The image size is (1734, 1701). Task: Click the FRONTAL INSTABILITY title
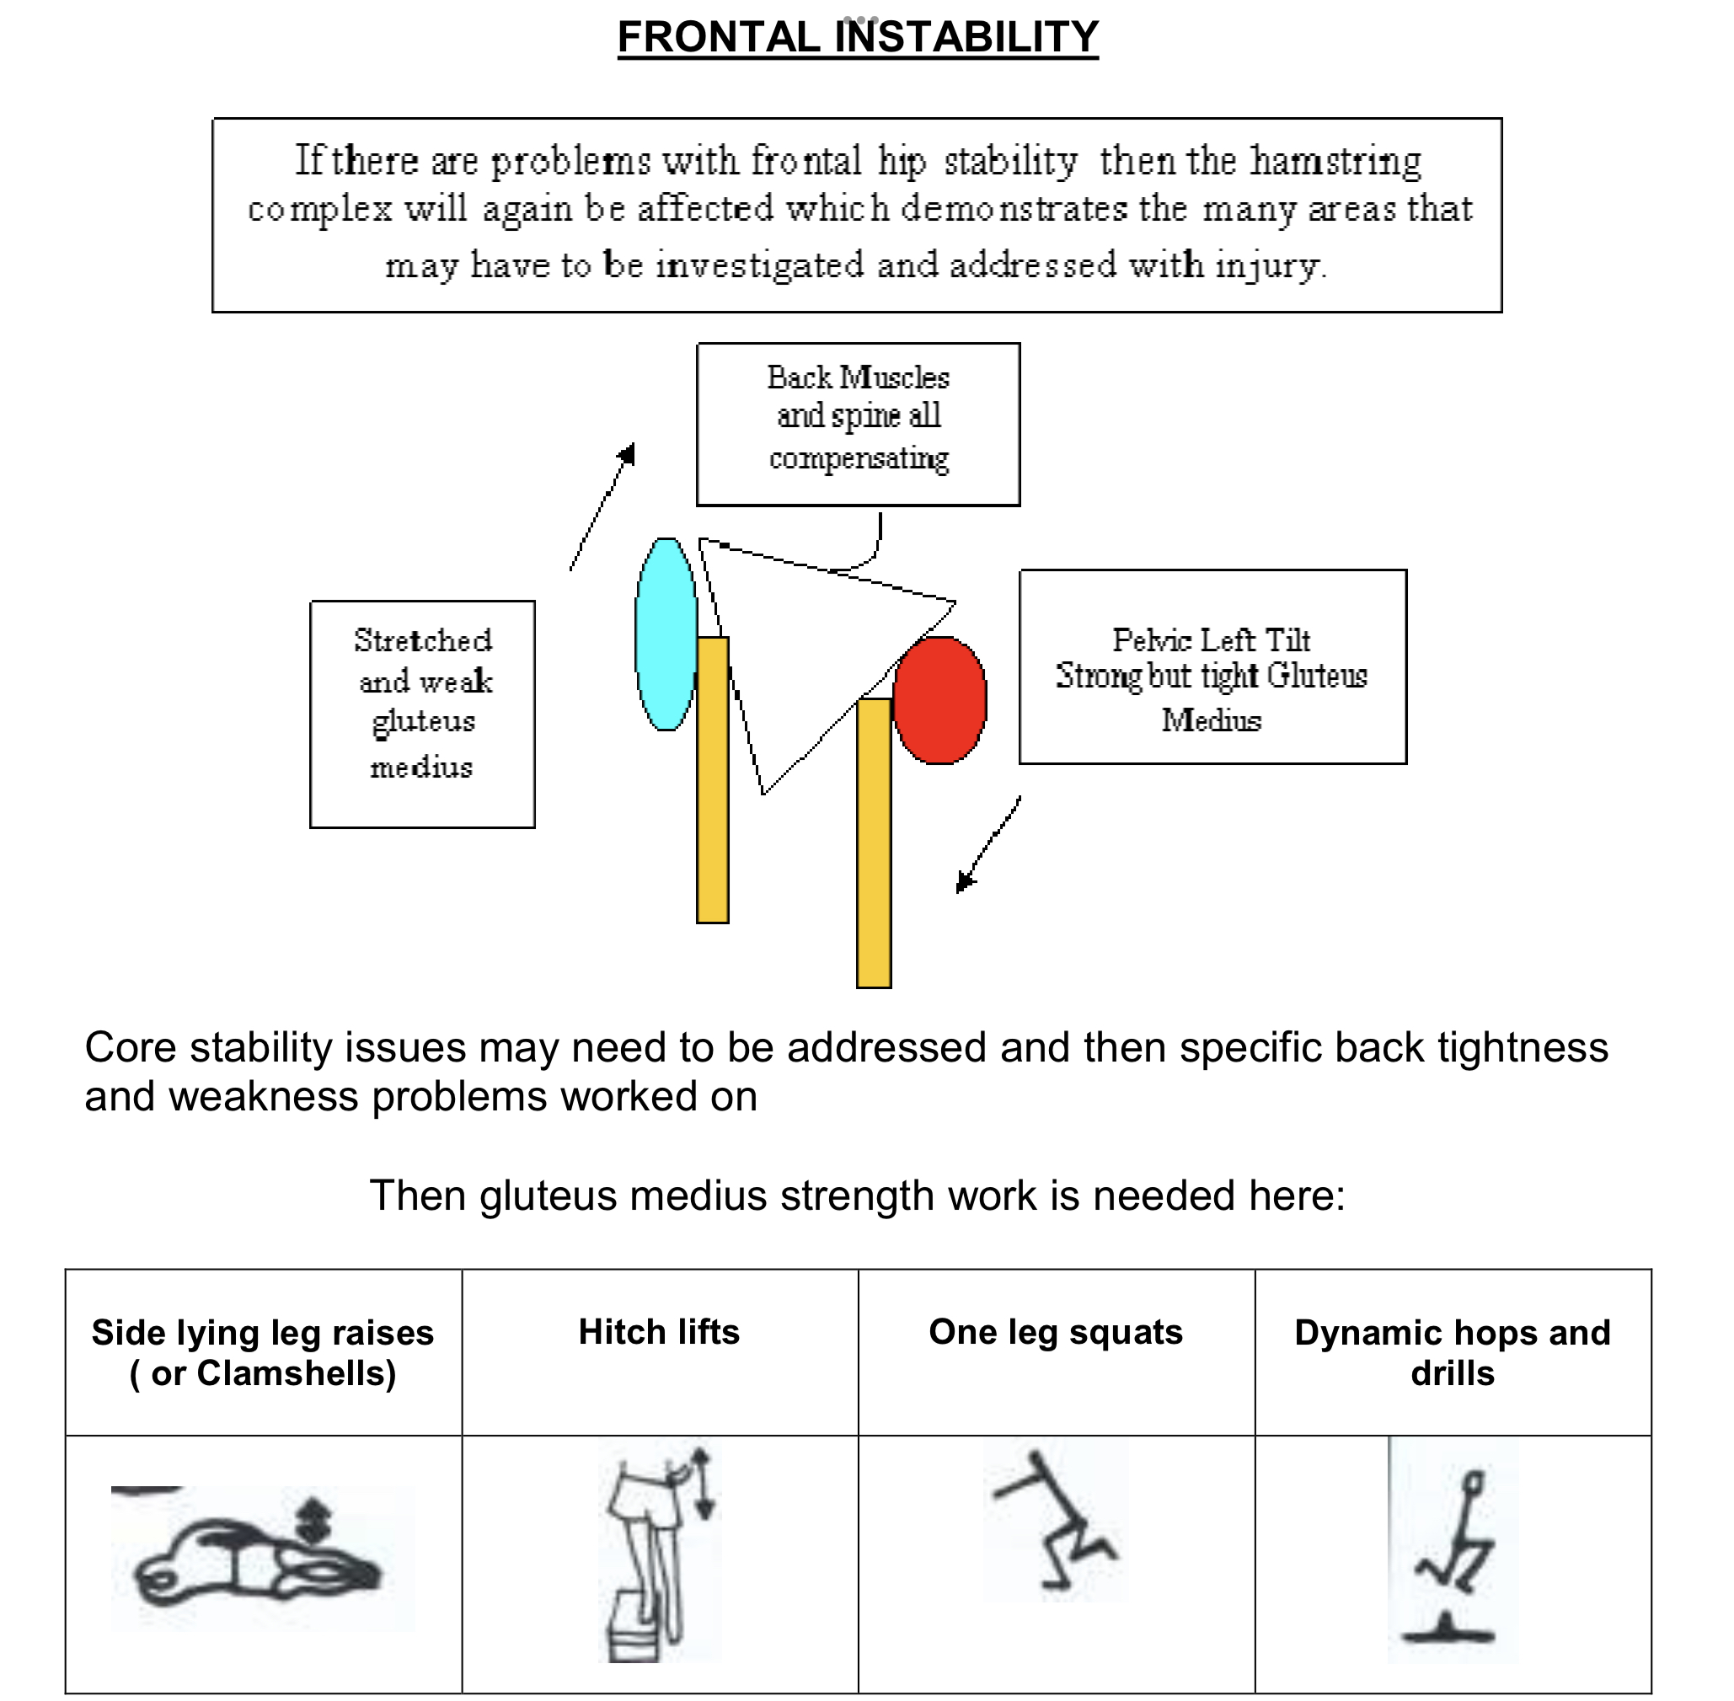coord(858,38)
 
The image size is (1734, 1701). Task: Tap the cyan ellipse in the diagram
coord(666,634)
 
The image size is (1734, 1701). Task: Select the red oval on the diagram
coord(939,700)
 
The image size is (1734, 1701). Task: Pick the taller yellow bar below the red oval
coord(874,842)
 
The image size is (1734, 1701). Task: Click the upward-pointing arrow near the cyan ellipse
coord(604,505)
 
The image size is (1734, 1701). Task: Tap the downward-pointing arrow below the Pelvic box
coord(987,844)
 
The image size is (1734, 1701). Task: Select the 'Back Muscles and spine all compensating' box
coord(858,425)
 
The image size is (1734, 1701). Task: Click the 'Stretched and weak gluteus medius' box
coord(423,714)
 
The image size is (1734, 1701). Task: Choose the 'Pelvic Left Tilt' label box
coord(1212,666)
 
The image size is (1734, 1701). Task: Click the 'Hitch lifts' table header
coord(659,1332)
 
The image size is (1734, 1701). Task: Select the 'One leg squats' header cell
coord(1056,1332)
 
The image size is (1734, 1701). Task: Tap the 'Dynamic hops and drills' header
coord(1453,1351)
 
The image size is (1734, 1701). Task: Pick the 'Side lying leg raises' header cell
coord(263,1351)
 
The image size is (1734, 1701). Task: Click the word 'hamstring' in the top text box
coord(1335,162)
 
